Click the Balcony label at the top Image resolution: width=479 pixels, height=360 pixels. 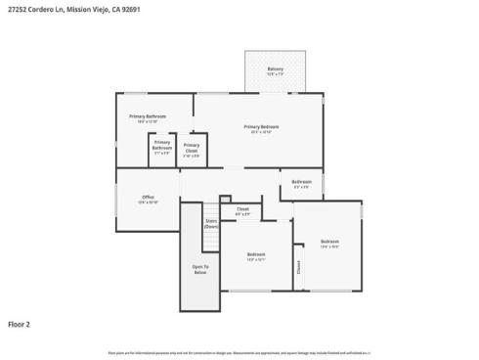click(275, 68)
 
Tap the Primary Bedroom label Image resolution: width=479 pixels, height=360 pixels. click(262, 127)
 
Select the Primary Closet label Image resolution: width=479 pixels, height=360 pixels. click(191, 147)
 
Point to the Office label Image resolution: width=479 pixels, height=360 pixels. click(149, 198)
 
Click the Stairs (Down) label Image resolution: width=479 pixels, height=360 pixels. click(210, 223)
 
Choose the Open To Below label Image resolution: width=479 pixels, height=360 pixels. click(199, 268)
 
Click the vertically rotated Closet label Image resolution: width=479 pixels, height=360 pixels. click(298, 265)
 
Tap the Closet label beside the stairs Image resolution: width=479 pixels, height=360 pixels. click(241, 208)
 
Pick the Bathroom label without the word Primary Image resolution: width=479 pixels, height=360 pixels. click(301, 182)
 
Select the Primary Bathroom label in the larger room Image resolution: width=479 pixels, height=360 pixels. click(148, 116)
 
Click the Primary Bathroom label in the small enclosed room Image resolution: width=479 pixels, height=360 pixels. click(161, 145)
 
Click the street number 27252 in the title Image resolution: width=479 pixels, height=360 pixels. click(16, 9)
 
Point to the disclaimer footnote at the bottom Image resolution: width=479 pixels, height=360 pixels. click(239, 351)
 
